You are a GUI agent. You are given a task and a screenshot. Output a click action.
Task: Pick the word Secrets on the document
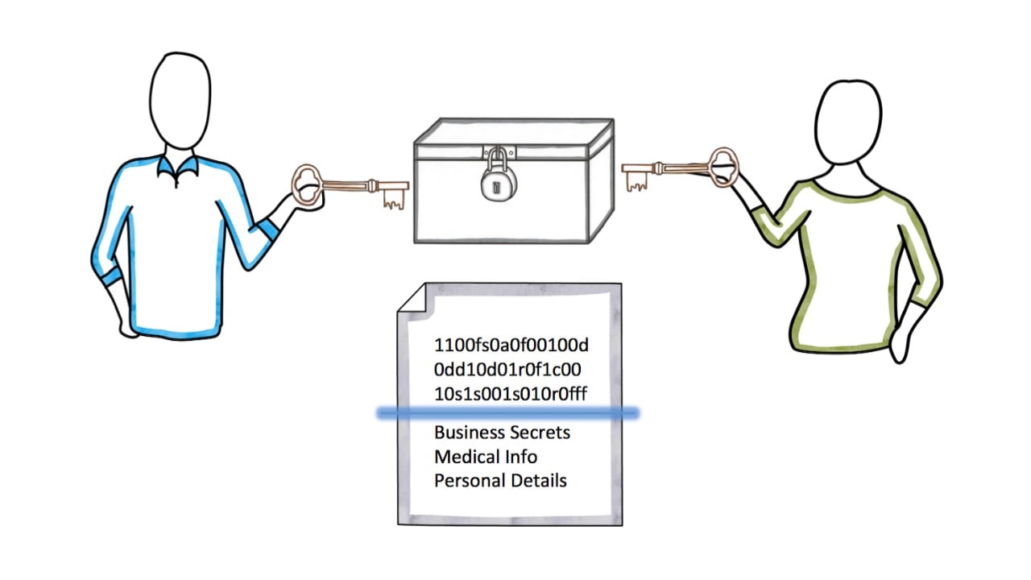(x=539, y=433)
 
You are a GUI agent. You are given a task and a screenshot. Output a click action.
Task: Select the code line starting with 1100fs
(x=511, y=346)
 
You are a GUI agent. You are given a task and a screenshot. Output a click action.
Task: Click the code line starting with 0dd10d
(x=508, y=370)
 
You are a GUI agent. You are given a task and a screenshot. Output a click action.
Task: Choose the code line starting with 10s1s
(x=511, y=394)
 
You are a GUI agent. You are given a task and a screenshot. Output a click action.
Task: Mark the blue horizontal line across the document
(x=508, y=413)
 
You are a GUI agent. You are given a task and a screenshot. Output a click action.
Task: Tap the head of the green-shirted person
(x=847, y=125)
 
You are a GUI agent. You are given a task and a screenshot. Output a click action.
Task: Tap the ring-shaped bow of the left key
(x=307, y=184)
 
